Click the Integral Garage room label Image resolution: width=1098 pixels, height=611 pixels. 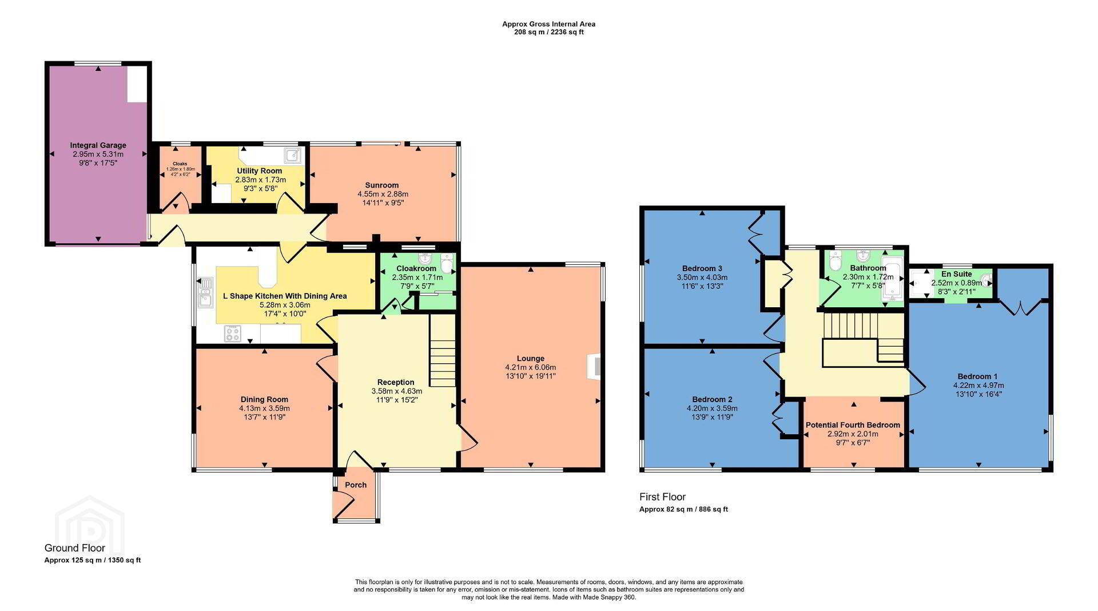tap(98, 145)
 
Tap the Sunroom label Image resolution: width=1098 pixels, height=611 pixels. tap(382, 185)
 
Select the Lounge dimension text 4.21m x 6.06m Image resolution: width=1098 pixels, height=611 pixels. tap(531, 367)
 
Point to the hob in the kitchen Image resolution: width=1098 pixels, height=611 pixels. tap(232, 334)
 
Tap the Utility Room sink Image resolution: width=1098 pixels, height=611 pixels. tap(293, 154)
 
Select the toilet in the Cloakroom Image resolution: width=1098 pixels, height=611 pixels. tap(447, 265)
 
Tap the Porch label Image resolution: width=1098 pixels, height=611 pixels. tap(356, 485)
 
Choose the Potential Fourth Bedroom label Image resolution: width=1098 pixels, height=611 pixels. tap(853, 425)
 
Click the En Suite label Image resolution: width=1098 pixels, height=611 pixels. tap(957, 274)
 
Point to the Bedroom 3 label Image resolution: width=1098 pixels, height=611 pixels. tap(702, 268)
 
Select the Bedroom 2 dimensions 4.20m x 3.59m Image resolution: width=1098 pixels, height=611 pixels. tap(712, 408)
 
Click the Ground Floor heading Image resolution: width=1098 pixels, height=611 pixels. tap(75, 548)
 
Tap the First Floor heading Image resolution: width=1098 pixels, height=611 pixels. tap(662, 497)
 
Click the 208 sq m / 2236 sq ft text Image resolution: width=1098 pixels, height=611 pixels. tap(549, 33)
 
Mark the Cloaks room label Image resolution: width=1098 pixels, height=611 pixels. tap(180, 164)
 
